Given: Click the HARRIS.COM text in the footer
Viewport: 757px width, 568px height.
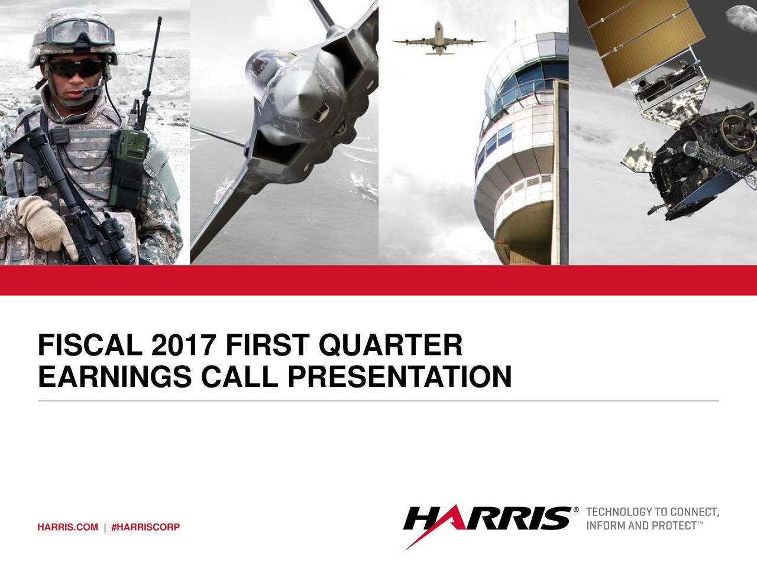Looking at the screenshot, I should tap(67, 527).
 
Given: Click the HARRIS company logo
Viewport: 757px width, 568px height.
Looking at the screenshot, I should tap(488, 519).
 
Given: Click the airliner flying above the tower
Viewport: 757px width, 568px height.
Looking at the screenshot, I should tap(439, 40).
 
